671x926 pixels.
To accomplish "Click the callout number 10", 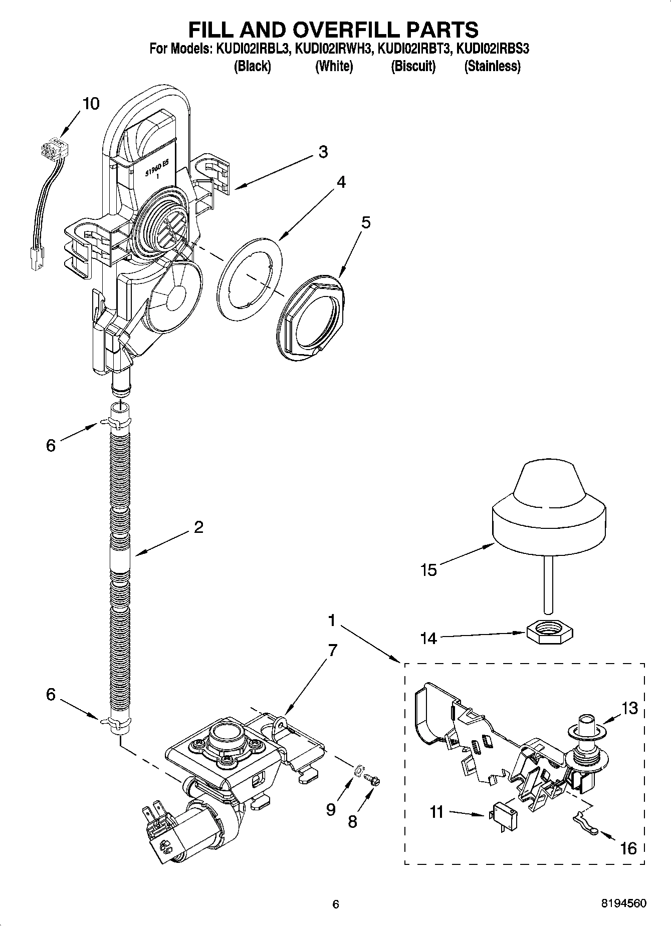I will pos(91,104).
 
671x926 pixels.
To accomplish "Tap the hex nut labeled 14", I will pos(550,634).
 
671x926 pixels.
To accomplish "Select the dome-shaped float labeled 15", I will pos(548,511).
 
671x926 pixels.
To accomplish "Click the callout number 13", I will pos(630,708).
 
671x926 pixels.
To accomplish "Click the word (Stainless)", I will pos(492,66).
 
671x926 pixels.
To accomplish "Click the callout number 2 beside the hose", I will pos(198,527).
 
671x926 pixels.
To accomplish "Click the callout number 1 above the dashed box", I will pos(331,621).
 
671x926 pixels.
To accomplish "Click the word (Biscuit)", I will pos(413,66).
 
